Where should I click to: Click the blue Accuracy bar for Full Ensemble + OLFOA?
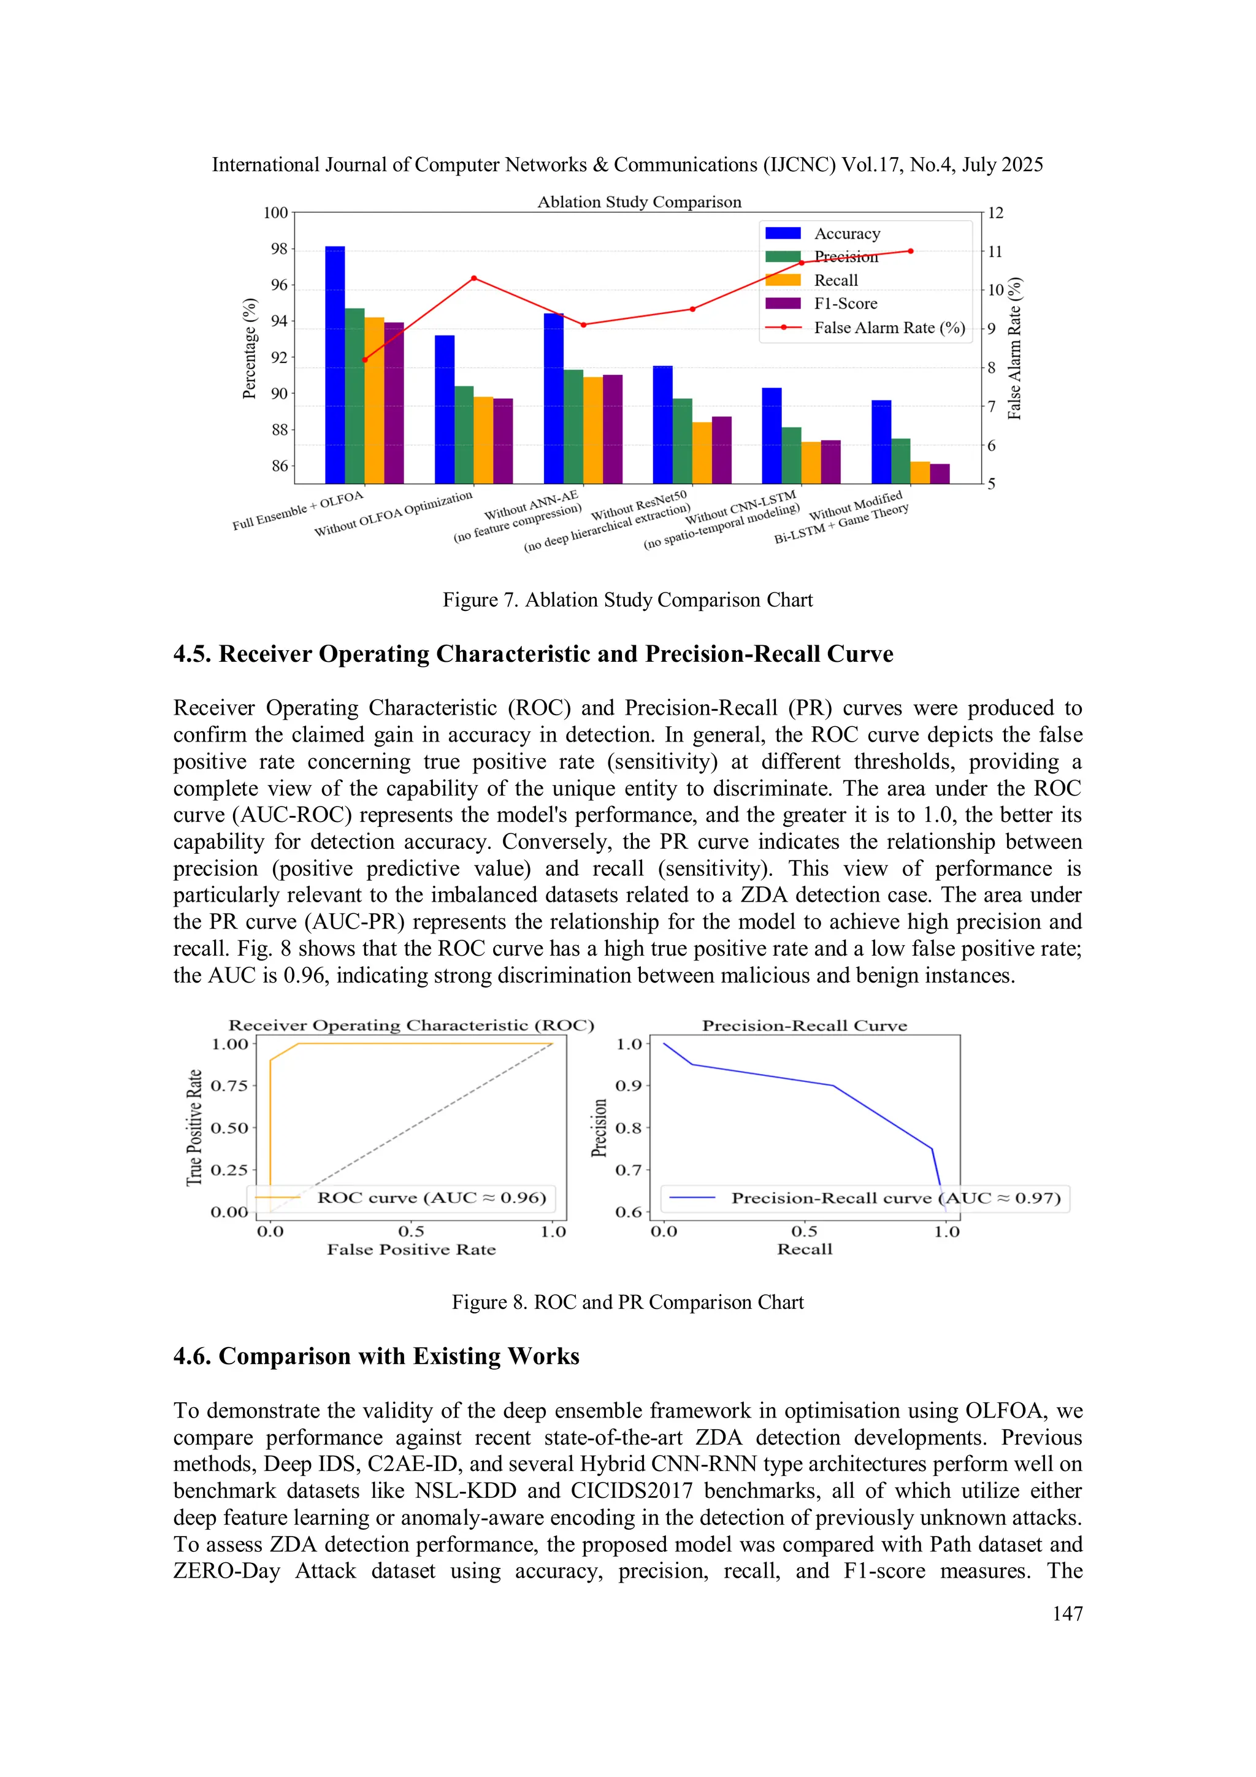point(334,364)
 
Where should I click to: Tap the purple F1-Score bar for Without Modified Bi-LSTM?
point(940,474)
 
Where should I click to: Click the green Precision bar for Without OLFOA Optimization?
point(464,434)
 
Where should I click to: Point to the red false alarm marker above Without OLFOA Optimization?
point(473,278)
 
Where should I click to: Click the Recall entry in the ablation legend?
point(835,280)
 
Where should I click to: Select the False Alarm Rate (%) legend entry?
point(889,328)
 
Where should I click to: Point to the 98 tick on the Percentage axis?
point(278,248)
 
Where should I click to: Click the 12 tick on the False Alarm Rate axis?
point(995,213)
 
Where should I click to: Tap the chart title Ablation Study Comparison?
point(639,202)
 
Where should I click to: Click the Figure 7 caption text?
point(627,600)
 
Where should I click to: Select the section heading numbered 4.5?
point(532,654)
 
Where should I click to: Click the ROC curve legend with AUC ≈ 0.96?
point(431,1197)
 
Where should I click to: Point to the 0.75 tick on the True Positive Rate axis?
point(229,1085)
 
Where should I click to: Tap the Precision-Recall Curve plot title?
point(804,1026)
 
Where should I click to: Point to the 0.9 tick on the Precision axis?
point(629,1085)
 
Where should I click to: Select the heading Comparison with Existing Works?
point(376,1356)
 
